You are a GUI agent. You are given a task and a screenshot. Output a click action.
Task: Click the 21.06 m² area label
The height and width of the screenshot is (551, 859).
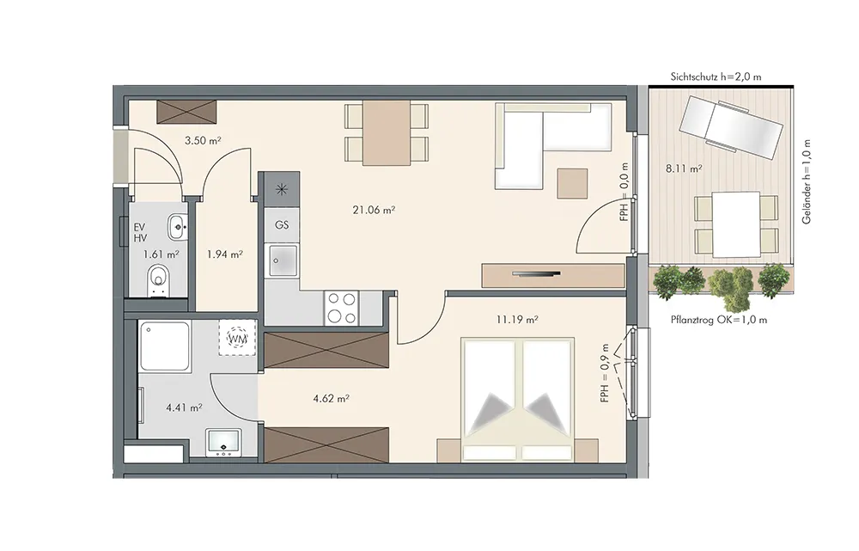[x=374, y=210]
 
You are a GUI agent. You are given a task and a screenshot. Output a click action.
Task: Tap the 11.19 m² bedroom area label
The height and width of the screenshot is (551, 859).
[x=516, y=319]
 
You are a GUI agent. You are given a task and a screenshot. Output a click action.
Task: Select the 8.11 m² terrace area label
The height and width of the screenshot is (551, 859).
[x=684, y=168]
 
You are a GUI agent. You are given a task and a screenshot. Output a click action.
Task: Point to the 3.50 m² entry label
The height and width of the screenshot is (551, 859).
[x=203, y=140]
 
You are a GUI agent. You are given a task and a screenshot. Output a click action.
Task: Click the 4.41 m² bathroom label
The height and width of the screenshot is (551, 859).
[x=184, y=407]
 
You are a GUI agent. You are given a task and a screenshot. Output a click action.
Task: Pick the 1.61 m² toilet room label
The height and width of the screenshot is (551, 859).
[x=161, y=254]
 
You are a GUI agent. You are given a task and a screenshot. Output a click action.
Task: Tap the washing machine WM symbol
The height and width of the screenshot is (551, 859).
[x=237, y=339]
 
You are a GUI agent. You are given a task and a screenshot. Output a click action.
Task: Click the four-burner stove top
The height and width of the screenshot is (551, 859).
[x=341, y=308]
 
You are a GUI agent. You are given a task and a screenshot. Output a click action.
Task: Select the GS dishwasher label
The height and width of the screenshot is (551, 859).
[x=282, y=225]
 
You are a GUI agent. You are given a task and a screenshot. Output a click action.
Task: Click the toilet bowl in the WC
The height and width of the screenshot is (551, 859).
[x=158, y=280]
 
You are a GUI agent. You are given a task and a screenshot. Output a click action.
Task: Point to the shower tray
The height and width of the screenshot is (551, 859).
[x=165, y=346]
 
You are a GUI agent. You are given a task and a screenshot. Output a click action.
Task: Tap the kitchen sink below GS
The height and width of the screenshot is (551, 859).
[x=283, y=260]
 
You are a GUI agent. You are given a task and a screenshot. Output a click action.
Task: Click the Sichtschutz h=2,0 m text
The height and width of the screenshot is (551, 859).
[x=716, y=77]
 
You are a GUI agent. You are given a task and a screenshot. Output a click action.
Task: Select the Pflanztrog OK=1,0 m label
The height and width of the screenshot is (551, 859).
[x=719, y=320]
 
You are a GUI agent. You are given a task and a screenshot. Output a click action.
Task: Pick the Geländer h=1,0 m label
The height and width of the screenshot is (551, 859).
[x=807, y=181]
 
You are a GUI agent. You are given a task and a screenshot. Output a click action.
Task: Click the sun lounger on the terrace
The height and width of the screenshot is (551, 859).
[x=729, y=127]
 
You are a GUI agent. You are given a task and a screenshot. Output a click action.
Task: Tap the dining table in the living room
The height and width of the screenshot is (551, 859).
[x=387, y=132]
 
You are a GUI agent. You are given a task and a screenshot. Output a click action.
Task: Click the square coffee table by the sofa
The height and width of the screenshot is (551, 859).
[x=572, y=183]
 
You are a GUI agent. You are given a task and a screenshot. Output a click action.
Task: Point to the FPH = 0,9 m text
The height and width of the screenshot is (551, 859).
[x=604, y=373]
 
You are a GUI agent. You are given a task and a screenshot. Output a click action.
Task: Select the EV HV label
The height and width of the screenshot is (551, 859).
[x=140, y=233]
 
